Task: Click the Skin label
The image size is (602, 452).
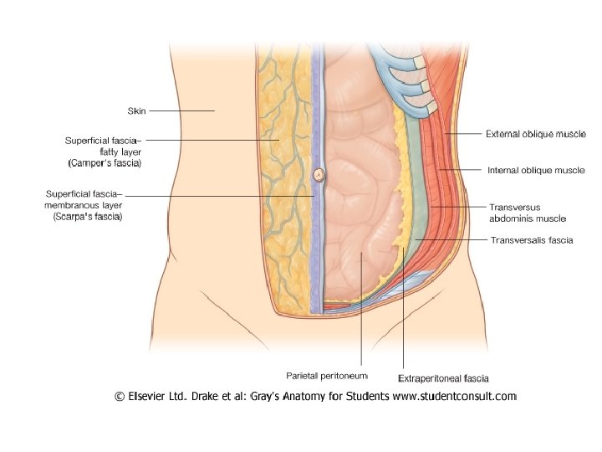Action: pyautogui.click(x=135, y=110)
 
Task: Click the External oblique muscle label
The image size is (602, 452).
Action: pyautogui.click(x=536, y=133)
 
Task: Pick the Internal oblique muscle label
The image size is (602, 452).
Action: pyautogui.click(x=536, y=170)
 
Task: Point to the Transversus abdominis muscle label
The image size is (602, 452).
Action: pyautogui.click(x=528, y=212)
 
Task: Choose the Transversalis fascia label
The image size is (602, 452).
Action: pyautogui.click(x=531, y=239)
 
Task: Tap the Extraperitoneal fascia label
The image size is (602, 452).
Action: pyautogui.click(x=443, y=378)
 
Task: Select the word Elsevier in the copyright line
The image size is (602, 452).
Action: pyautogui.click(x=151, y=396)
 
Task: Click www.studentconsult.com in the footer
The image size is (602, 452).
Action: pyautogui.click(x=455, y=396)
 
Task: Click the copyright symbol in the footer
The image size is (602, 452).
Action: pyautogui.click(x=120, y=396)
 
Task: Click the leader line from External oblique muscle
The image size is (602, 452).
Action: pyautogui.click(x=464, y=133)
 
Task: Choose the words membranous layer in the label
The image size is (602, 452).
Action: pyautogui.click(x=84, y=205)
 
